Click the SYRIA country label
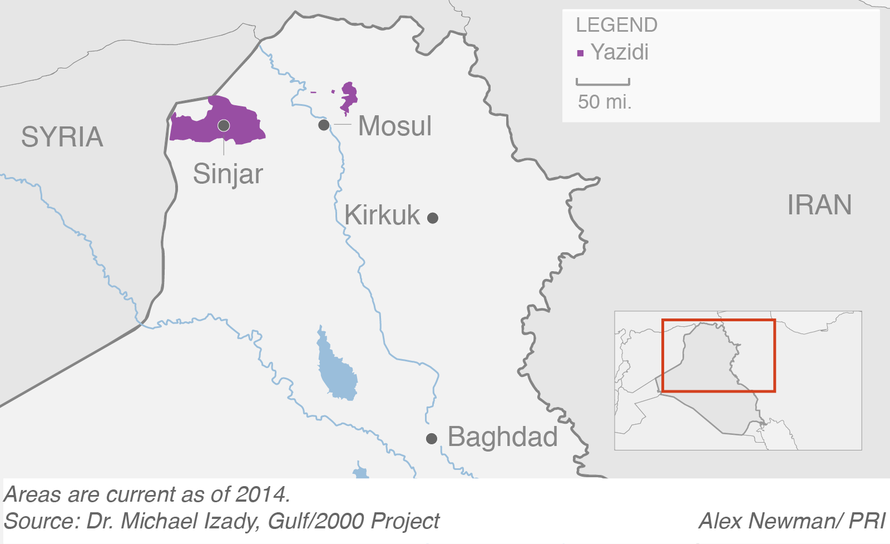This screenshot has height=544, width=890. (62, 137)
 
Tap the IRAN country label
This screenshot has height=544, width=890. (819, 205)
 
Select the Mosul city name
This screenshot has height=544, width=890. (394, 126)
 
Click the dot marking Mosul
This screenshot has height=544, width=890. (324, 125)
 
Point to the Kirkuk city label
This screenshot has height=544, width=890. (382, 215)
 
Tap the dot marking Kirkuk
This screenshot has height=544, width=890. (433, 218)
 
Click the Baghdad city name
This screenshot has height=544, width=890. (502, 437)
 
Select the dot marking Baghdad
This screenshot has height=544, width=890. (431, 439)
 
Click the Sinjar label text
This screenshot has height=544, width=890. (228, 174)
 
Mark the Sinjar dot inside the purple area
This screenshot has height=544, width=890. (224, 125)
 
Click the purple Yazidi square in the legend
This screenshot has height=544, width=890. (580, 53)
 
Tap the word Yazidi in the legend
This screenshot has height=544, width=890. (620, 52)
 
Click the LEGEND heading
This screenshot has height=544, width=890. (616, 25)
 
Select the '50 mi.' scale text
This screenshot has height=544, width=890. (605, 102)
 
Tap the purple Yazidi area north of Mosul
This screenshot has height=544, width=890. (349, 97)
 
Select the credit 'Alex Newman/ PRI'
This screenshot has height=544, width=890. (792, 521)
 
